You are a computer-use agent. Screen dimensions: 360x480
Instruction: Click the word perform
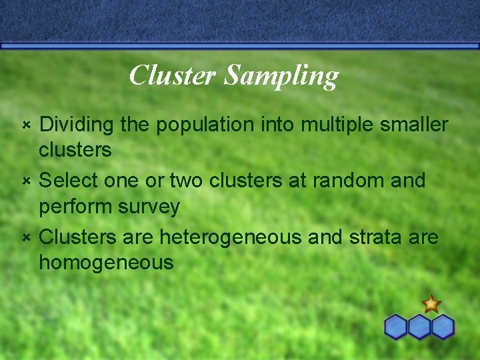75,207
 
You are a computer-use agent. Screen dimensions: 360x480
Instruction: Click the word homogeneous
106,263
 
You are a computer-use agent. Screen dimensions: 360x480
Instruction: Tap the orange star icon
431,304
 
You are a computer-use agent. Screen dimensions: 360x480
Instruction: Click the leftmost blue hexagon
396,327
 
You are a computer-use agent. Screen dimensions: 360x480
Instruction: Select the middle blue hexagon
419,327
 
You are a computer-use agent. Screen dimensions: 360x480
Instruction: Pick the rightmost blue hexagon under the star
442,327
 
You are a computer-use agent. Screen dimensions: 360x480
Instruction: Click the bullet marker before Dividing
25,125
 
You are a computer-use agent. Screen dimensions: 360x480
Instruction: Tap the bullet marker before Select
25,181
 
